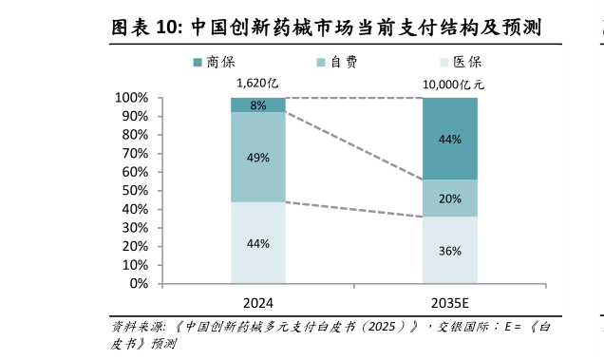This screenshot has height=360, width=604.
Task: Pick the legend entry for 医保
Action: click(x=457, y=62)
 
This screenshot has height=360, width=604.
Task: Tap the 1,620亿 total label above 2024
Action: click(x=257, y=84)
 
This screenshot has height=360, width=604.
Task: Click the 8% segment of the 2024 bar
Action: click(x=258, y=105)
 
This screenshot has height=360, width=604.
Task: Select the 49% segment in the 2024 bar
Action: click(x=258, y=158)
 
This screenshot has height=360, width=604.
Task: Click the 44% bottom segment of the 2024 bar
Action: click(x=258, y=243)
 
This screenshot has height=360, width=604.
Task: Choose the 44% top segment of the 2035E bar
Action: click(x=450, y=139)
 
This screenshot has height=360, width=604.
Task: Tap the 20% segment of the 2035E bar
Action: click(x=450, y=199)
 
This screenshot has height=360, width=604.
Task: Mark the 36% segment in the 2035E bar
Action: click(x=450, y=251)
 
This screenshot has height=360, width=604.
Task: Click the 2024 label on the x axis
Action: click(x=258, y=303)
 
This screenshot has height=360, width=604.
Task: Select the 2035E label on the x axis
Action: click(x=450, y=303)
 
